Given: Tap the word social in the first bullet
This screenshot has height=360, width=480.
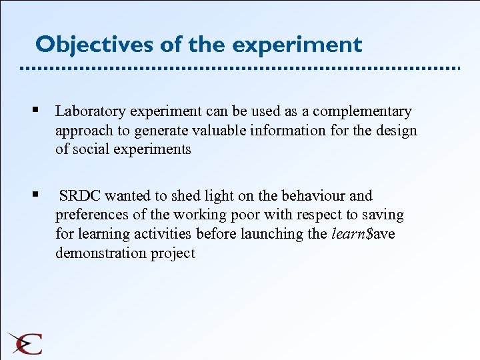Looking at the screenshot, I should tap(88, 149).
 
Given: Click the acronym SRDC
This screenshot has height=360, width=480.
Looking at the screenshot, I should tap(80, 196).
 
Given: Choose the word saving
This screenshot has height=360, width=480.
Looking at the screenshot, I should tap(383, 215).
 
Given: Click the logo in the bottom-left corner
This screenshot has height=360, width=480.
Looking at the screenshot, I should tap(25, 343).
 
